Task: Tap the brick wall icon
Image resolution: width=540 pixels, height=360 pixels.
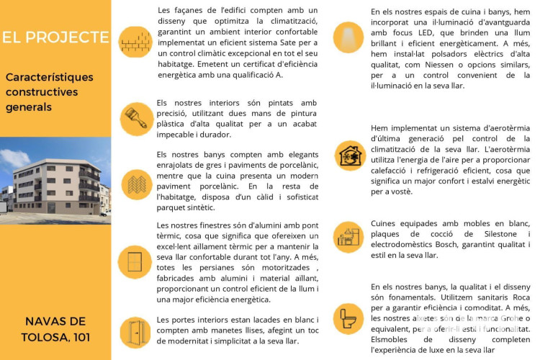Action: point(135,42)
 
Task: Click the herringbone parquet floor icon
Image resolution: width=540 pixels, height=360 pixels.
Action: point(135,184)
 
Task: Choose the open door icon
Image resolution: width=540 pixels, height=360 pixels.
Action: point(135,332)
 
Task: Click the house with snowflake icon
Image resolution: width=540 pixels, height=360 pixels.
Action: point(350,156)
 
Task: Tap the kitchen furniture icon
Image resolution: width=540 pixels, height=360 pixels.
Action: point(350,236)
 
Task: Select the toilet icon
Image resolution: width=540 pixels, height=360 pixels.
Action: point(350,317)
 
